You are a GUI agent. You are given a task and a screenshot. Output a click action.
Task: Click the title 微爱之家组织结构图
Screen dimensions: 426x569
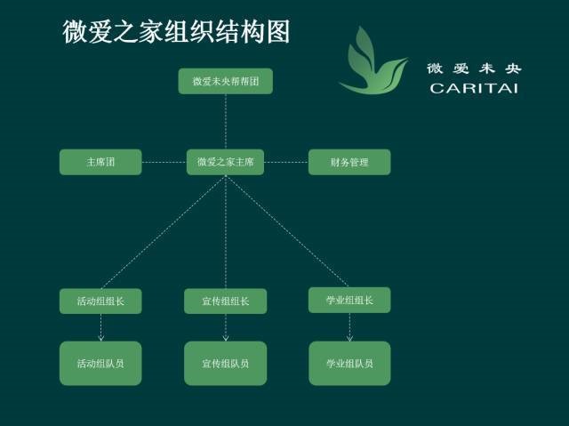(x=176, y=33)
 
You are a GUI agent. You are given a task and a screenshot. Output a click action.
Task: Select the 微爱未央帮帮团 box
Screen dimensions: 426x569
(x=225, y=82)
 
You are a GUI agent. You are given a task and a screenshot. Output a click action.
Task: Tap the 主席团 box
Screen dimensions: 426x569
(x=100, y=162)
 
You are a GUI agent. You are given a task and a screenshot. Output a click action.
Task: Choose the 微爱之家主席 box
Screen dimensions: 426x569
(x=225, y=162)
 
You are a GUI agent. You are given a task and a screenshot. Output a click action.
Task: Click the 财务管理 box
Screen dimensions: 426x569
(x=349, y=162)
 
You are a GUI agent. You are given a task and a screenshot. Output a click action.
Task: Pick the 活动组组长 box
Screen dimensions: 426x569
(x=100, y=301)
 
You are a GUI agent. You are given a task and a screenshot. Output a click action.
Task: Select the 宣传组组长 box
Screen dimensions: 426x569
(x=225, y=301)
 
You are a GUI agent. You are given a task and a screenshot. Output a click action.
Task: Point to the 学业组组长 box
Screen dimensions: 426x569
(x=349, y=300)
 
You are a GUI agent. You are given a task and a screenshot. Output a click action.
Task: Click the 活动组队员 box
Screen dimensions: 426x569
(x=100, y=363)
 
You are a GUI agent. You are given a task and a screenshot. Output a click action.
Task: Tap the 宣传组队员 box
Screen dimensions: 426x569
(x=225, y=363)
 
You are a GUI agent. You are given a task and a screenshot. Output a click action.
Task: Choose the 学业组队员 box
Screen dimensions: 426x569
(x=349, y=363)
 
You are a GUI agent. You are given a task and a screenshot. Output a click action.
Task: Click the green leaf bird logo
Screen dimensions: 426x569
(x=373, y=62)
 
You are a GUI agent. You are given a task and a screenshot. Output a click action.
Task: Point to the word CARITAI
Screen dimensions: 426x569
(x=473, y=87)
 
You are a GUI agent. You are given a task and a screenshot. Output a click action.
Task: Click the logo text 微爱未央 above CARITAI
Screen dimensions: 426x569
(x=473, y=68)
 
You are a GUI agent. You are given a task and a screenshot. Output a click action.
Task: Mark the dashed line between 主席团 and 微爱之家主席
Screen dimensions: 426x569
(x=164, y=162)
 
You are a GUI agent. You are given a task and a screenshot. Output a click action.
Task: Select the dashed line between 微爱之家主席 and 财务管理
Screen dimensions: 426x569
(x=285, y=162)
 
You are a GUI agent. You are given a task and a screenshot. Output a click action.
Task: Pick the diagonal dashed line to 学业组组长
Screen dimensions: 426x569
(x=287, y=232)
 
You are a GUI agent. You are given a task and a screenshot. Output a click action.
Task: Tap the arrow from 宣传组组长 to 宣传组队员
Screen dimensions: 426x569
(x=225, y=327)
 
